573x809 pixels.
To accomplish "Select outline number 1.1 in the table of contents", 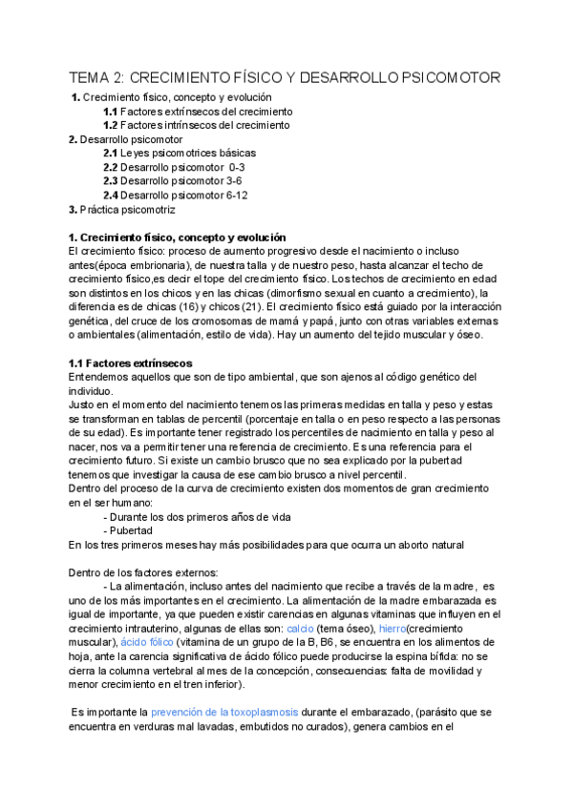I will coord(110,112).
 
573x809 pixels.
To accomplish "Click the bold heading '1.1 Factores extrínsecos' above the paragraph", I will coord(130,363).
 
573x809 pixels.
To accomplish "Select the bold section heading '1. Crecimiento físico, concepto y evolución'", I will coord(177,237).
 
